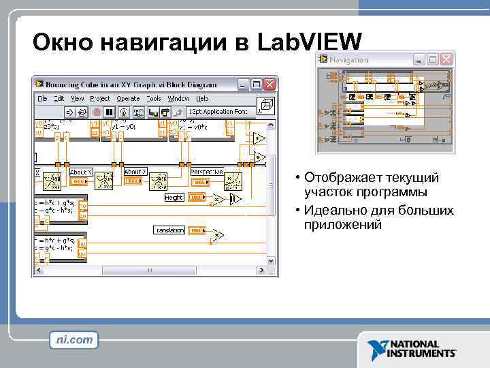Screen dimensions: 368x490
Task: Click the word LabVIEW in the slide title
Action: (310, 42)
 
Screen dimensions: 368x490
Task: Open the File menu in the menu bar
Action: (42, 98)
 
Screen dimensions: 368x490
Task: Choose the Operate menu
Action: (127, 98)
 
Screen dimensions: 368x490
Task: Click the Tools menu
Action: (154, 98)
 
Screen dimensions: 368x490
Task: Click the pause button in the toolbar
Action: (110, 112)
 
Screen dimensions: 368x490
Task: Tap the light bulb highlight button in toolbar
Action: (123, 112)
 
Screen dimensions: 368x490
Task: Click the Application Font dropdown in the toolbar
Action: (218, 112)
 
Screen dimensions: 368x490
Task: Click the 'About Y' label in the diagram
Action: (78, 172)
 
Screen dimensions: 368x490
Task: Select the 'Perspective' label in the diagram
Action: (207, 172)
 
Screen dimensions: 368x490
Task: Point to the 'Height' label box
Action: (174, 198)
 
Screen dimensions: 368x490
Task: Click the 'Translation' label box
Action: (169, 230)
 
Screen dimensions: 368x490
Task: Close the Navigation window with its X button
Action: (446, 60)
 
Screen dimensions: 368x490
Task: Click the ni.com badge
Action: (74, 339)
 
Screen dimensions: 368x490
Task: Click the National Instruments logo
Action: (412, 348)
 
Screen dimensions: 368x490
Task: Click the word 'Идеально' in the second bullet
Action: (333, 210)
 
